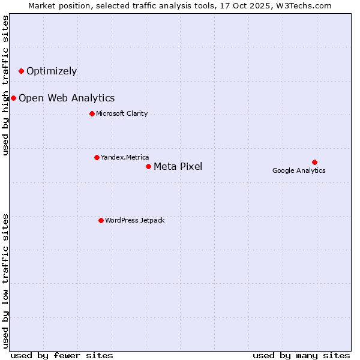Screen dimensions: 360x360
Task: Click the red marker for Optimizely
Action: coord(21,71)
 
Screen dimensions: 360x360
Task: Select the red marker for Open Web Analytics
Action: coord(13,98)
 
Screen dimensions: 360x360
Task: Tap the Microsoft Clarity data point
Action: coord(92,113)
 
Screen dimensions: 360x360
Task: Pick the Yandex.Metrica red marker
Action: coord(97,157)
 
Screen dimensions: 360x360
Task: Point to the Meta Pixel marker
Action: coord(148,166)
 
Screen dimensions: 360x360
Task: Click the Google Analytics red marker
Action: coord(314,162)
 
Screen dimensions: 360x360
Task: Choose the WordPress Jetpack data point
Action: coord(101,220)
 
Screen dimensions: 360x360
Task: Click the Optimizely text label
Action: coord(52,71)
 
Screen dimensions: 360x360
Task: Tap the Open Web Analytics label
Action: coord(67,98)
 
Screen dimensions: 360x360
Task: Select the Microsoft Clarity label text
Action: coord(122,113)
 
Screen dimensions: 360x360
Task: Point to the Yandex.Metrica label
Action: coord(125,157)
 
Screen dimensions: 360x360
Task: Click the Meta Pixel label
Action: coord(178,167)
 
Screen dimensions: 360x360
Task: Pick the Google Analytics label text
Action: coord(299,170)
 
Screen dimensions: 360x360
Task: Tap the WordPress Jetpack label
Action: coord(134,220)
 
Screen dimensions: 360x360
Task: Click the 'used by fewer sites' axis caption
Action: coord(62,355)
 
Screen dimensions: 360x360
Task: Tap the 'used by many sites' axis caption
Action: coord(301,355)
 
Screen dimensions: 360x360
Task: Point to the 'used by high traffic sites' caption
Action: coord(5,85)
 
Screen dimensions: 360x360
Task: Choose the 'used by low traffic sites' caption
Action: coord(5,281)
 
